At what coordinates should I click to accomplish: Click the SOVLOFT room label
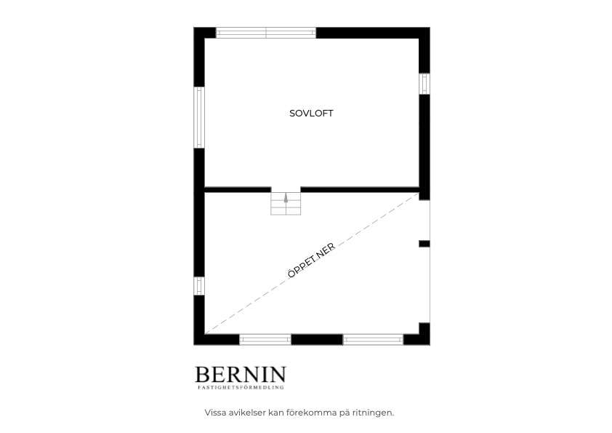(311, 114)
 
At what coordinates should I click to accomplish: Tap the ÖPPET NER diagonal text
(311, 261)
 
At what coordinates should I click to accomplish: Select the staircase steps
(286, 201)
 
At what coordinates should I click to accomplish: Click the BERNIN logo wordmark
(241, 374)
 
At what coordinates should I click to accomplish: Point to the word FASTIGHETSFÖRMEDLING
(241, 388)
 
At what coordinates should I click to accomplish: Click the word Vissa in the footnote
(215, 413)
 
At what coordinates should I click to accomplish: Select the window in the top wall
(266, 33)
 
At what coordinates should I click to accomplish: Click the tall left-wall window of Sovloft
(199, 117)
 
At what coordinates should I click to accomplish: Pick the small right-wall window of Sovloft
(424, 84)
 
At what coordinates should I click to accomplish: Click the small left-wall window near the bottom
(199, 286)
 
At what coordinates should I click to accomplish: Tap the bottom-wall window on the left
(265, 340)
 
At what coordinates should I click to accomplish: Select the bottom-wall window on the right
(373, 340)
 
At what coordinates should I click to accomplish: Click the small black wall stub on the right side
(424, 244)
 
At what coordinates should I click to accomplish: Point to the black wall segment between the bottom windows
(318, 340)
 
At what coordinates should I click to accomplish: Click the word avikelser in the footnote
(246, 413)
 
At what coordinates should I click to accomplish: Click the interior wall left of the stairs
(238, 190)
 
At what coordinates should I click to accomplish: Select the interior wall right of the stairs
(360, 190)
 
